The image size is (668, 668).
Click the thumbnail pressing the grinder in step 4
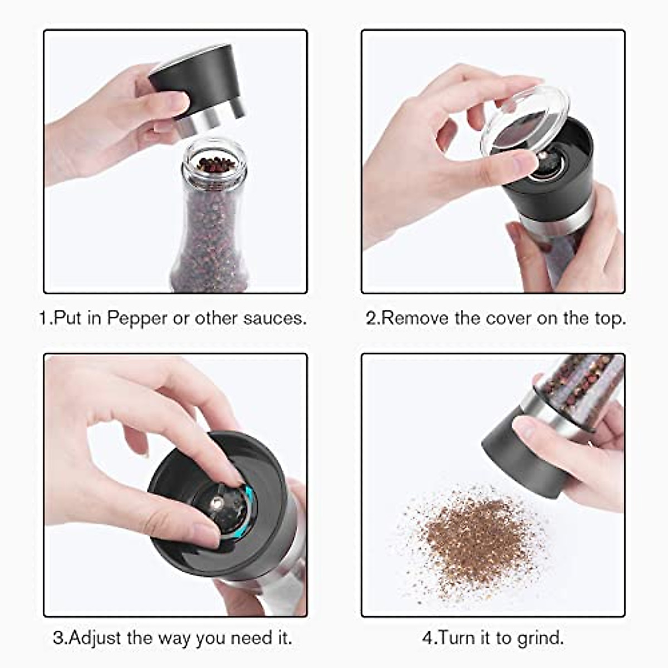pos(524,428)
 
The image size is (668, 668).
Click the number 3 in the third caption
pos(57,637)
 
